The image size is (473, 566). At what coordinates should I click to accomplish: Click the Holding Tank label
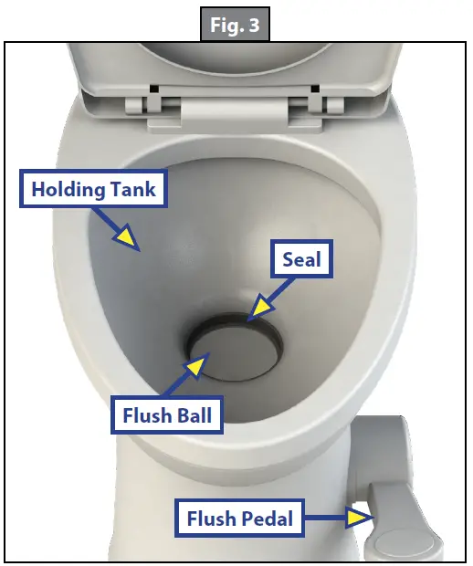[x=94, y=190]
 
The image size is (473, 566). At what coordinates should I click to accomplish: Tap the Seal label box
[x=300, y=260]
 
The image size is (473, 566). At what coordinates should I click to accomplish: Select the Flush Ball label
[x=167, y=416]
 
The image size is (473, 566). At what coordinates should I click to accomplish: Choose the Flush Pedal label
[x=240, y=519]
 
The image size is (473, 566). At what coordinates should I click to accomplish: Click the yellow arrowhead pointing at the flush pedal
[x=360, y=519]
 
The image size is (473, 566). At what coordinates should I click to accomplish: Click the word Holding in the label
[x=69, y=190]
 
